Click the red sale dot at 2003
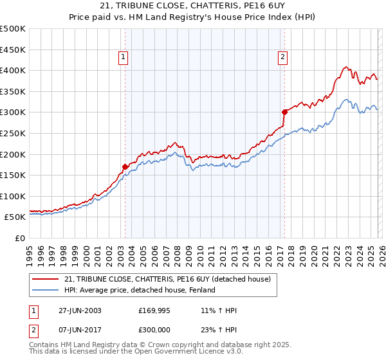(x=125, y=166)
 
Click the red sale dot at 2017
(x=283, y=112)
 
